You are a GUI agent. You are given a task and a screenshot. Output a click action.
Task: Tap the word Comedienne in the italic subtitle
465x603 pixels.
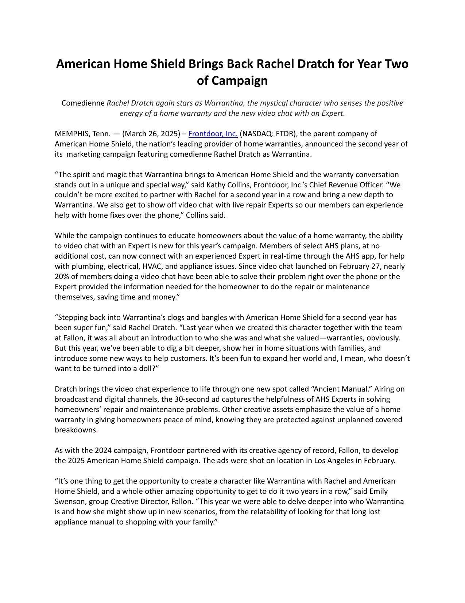83,103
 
